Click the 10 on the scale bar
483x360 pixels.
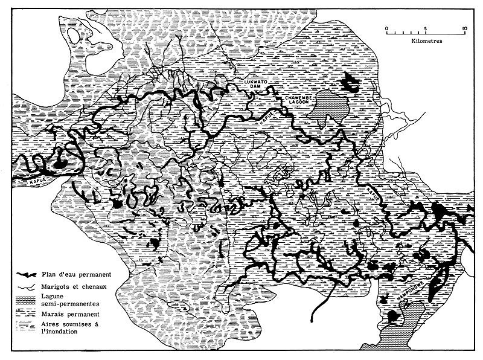464,28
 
